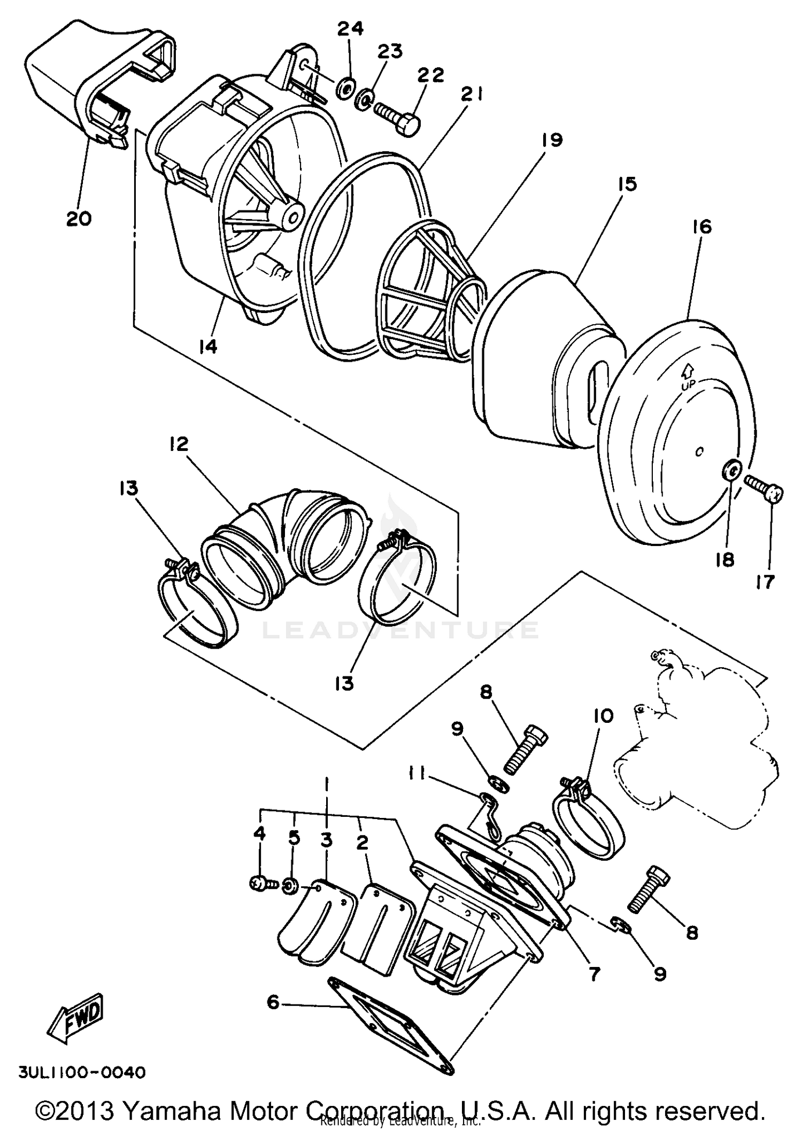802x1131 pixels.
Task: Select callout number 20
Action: (x=79, y=218)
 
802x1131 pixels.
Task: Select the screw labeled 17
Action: (x=765, y=488)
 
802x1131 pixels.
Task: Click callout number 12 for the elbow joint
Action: (x=179, y=444)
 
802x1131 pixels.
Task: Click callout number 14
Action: (x=207, y=347)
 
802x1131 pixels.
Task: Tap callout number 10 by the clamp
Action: (x=603, y=715)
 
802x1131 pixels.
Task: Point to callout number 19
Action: (x=551, y=141)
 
